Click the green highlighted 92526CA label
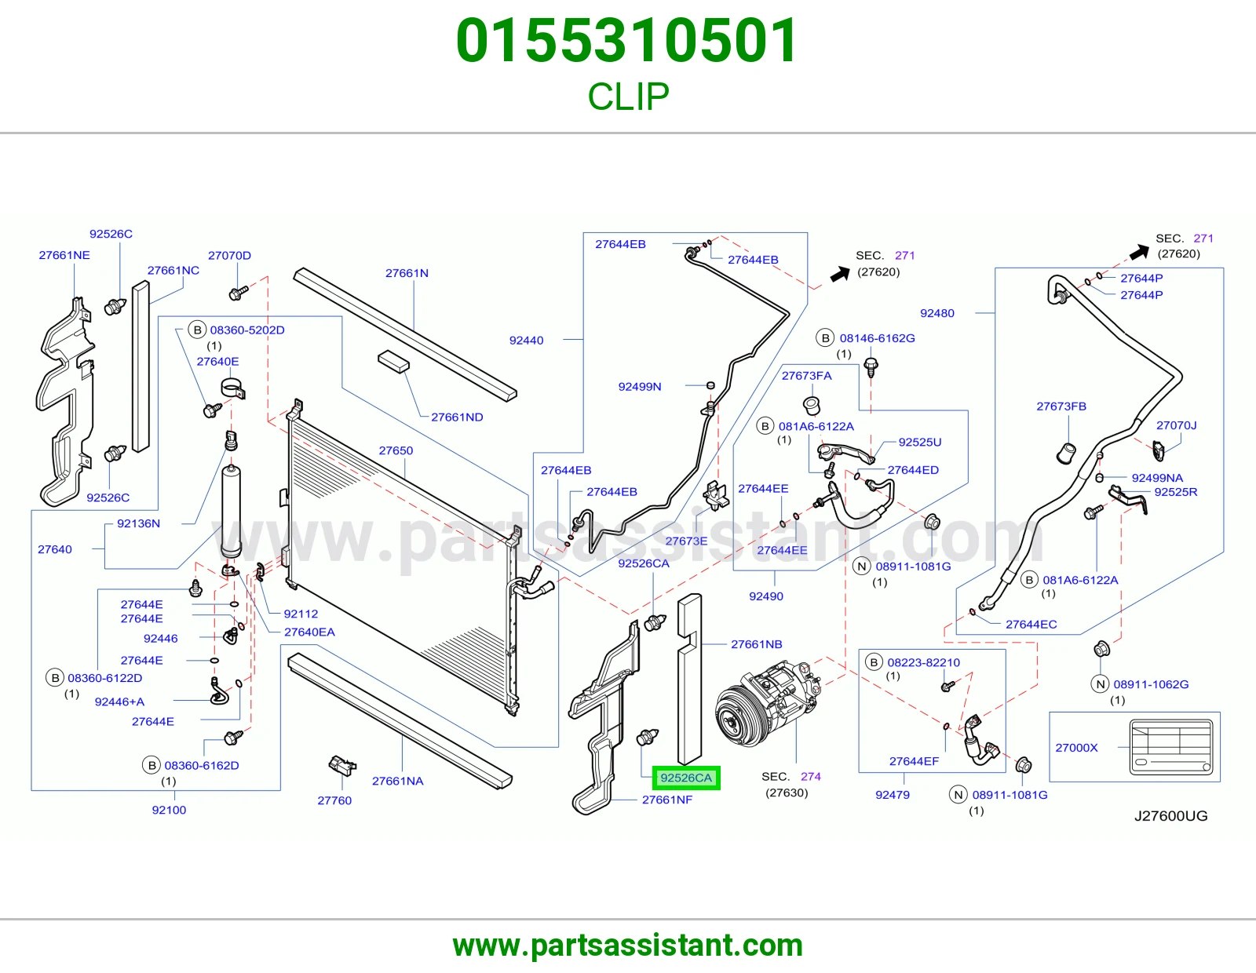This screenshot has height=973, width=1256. (686, 778)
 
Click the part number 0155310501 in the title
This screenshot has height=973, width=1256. (627, 41)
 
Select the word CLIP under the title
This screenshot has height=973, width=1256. (628, 97)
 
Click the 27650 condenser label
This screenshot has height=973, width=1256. (396, 450)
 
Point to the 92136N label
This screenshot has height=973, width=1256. (139, 523)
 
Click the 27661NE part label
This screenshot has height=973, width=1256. (64, 255)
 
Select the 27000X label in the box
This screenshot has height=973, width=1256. (1076, 748)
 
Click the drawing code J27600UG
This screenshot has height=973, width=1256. (1170, 816)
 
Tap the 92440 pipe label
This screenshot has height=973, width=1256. (526, 341)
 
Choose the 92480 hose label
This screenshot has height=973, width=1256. (937, 313)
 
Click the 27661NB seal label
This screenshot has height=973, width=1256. (757, 644)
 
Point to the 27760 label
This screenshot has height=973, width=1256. (334, 800)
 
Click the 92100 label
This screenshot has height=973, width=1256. (169, 810)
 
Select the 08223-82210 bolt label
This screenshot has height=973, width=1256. (924, 663)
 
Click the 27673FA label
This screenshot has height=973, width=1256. (806, 376)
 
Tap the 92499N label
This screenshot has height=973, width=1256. (639, 387)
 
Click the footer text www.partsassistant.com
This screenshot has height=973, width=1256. (628, 946)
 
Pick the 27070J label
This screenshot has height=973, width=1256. (1176, 425)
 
